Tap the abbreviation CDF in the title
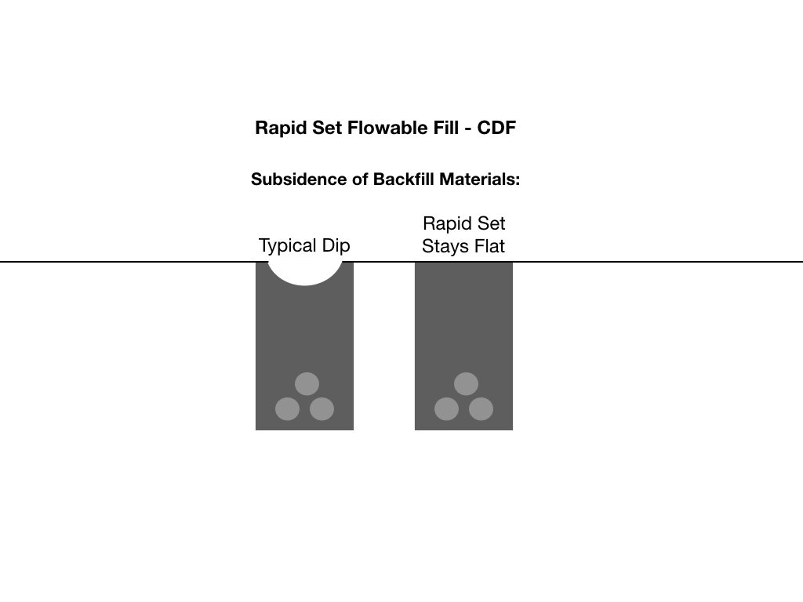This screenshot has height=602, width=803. tap(496, 128)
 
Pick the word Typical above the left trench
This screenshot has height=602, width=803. tap(287, 245)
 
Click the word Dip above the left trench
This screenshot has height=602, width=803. tap(336, 245)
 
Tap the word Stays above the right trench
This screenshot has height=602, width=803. tap(445, 246)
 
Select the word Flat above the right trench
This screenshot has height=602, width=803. tap(489, 245)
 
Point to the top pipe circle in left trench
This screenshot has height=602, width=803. tap(307, 384)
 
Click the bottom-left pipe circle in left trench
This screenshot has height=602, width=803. tap(287, 409)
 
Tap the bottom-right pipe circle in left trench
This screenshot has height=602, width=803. tap(322, 409)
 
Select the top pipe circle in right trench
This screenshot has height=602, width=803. tap(466, 384)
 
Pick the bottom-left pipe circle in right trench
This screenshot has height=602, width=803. tap(446, 409)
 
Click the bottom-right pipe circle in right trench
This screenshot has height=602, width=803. tap(481, 409)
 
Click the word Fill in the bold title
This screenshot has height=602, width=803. tap(446, 128)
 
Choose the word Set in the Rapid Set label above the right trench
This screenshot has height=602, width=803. tap(492, 223)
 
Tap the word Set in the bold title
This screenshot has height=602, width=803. tap(327, 128)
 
